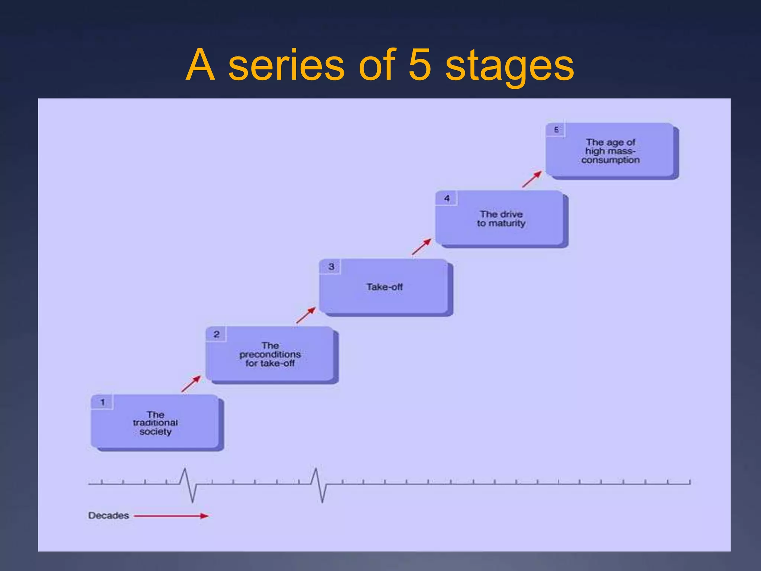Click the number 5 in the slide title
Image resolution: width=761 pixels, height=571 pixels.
click(420, 65)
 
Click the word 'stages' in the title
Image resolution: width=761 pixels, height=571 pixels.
click(509, 67)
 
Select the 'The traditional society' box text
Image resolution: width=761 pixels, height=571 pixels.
click(155, 423)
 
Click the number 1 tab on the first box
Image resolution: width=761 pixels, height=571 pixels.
click(103, 402)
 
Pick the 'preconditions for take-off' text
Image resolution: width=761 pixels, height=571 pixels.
click(270, 354)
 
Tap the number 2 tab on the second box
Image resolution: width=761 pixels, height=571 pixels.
click(216, 334)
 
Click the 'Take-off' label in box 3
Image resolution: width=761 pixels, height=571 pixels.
click(385, 287)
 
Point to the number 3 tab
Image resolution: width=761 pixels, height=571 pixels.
click(331, 267)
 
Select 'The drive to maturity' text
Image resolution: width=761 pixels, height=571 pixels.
click(501, 219)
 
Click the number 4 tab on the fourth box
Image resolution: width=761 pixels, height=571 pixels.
click(447, 199)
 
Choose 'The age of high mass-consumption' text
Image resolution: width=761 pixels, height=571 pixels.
click(611, 151)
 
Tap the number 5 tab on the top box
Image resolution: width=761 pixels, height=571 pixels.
click(556, 130)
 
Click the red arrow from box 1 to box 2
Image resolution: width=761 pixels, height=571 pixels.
click(191, 384)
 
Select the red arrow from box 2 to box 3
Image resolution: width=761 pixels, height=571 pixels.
click(306, 315)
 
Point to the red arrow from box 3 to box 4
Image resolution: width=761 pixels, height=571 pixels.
click(421, 247)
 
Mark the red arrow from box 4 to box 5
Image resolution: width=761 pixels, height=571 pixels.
click(532, 179)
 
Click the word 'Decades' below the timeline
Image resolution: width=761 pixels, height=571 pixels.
click(109, 516)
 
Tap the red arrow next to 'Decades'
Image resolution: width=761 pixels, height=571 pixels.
click(171, 516)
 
